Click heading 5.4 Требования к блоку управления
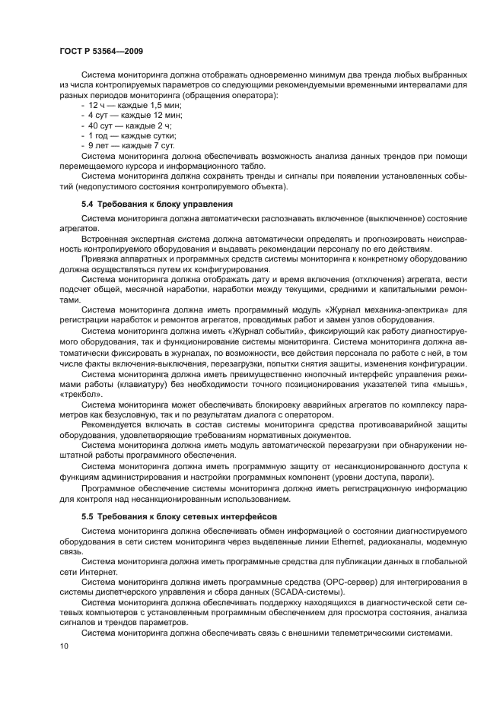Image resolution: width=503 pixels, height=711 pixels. [157, 205]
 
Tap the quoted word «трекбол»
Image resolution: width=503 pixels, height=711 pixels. [78, 393]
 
